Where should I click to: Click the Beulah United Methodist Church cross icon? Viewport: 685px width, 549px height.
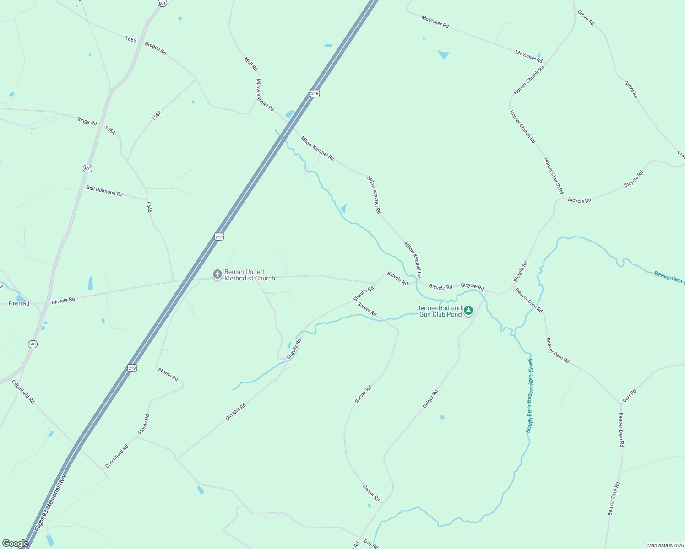pyautogui.click(x=217, y=274)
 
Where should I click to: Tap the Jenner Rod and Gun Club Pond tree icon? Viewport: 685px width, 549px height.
pyautogui.click(x=468, y=311)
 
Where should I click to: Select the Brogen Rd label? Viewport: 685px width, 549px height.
pyautogui.click(x=155, y=48)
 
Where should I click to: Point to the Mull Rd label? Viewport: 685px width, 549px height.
pyautogui.click(x=251, y=64)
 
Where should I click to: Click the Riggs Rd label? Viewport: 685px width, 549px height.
pyautogui.click(x=87, y=121)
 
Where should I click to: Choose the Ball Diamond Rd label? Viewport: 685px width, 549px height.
pyautogui.click(x=104, y=191)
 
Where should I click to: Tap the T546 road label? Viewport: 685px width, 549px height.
pyautogui.click(x=148, y=207)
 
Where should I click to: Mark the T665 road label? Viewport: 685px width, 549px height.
pyautogui.click(x=131, y=39)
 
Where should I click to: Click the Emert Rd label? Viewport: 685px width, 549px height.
pyautogui.click(x=19, y=303)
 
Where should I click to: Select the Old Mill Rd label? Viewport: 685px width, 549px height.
pyautogui.click(x=236, y=412)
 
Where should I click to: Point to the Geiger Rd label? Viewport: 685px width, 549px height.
pyautogui.click(x=430, y=399)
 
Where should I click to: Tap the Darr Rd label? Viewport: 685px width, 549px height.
pyautogui.click(x=630, y=396)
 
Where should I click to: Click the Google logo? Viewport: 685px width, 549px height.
pyautogui.click(x=15, y=543)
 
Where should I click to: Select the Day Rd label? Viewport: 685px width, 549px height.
pyautogui.click(x=371, y=544)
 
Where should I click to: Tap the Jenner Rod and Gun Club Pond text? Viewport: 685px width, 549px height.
pyautogui.click(x=440, y=312)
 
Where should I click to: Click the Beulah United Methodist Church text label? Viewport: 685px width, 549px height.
pyautogui.click(x=250, y=275)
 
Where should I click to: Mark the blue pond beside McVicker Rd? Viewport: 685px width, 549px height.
pyautogui.click(x=443, y=55)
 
